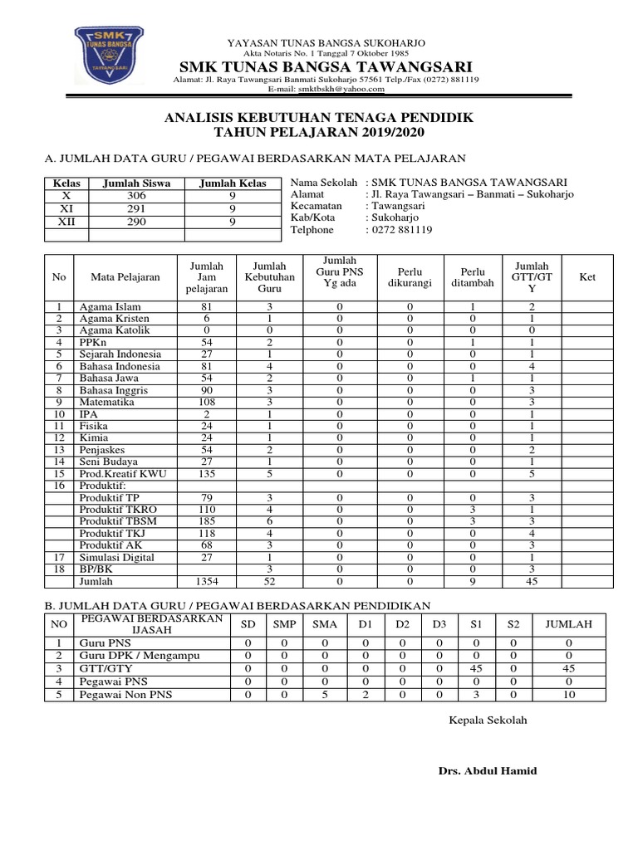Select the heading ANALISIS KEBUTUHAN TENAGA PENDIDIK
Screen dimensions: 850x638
[320, 119]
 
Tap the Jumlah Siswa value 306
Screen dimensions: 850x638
[135, 196]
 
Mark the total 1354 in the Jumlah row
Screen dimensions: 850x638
[206, 582]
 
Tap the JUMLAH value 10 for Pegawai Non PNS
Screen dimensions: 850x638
[569, 696]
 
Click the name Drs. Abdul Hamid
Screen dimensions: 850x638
[488, 771]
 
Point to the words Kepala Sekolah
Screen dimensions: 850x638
[488, 720]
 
